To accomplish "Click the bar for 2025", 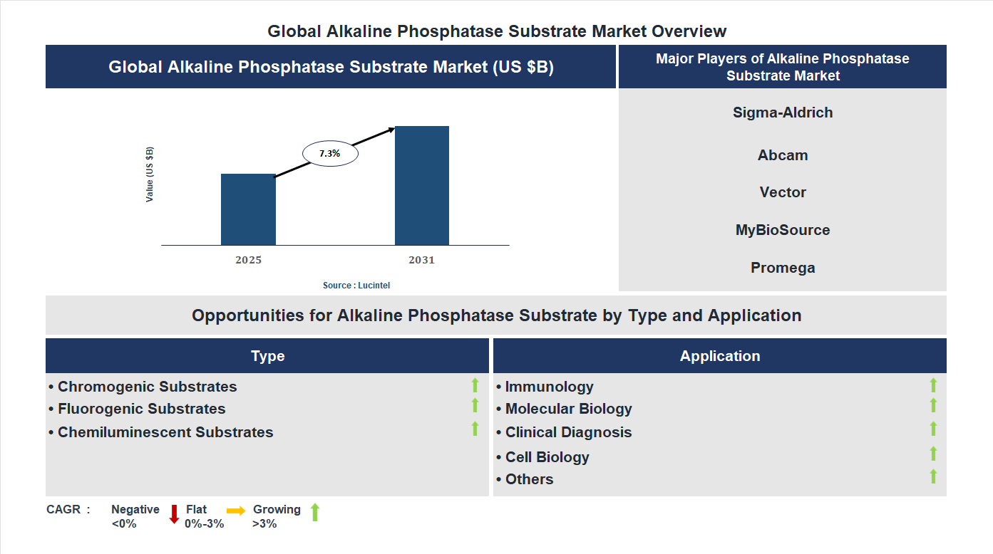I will click(x=248, y=209).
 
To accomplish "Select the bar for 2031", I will click(x=422, y=186).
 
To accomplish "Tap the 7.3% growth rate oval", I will click(x=330, y=153).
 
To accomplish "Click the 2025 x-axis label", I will click(x=248, y=260).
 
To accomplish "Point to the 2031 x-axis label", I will click(x=421, y=260).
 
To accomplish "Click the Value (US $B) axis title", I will click(x=150, y=174).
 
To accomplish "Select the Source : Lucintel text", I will click(x=356, y=285).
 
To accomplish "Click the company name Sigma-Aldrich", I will click(x=783, y=113).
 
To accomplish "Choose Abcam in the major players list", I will click(x=783, y=155).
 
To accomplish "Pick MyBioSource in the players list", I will click(x=783, y=230).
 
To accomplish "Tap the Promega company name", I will click(x=783, y=268).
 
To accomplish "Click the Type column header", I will click(x=267, y=356).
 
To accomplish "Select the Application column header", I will click(x=720, y=356).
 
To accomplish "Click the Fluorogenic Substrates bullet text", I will click(x=141, y=409).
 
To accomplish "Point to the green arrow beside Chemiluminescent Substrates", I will click(x=475, y=429).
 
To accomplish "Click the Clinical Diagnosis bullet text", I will click(x=568, y=432).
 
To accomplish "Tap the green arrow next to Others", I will click(x=933, y=476).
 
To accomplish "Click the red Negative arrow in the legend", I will click(x=174, y=513).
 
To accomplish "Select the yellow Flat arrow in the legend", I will click(x=236, y=511).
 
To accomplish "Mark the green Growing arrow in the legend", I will click(x=315, y=511).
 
